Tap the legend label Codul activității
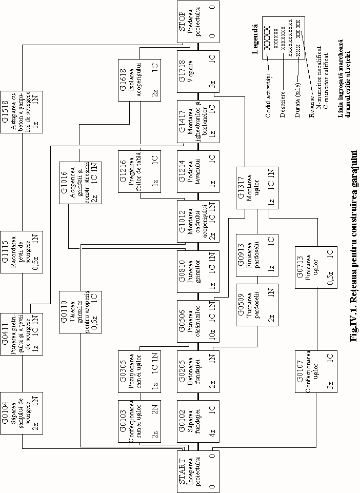pyautogui.click(x=268, y=94)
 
